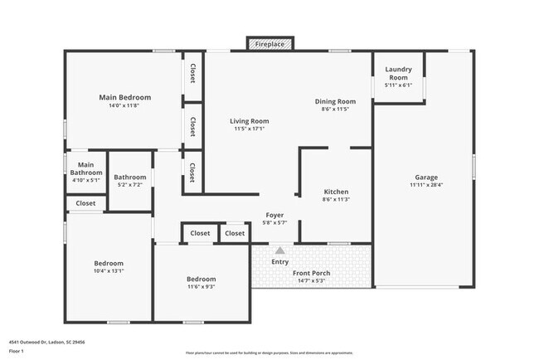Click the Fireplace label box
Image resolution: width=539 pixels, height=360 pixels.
[x=269, y=43]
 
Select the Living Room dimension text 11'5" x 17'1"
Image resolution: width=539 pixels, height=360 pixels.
[x=250, y=129]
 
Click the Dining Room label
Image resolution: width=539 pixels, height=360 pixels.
[x=335, y=101]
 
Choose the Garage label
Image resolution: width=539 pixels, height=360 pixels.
[x=427, y=177]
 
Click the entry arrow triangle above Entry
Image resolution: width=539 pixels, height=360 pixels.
[x=280, y=250]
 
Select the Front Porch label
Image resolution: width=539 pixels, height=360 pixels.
[x=312, y=273]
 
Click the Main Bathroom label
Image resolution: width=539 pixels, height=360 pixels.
[x=85, y=168]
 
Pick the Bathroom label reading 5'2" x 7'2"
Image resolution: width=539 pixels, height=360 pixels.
[x=130, y=177]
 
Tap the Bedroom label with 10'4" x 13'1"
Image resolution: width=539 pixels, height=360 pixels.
[x=109, y=263]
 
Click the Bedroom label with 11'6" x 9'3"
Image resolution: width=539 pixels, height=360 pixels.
[x=202, y=279]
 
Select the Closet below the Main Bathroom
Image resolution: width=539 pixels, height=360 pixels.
[x=85, y=203]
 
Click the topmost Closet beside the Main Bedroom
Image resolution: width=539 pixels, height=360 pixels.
[x=192, y=75]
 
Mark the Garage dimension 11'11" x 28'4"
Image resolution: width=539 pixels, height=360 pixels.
[x=427, y=185]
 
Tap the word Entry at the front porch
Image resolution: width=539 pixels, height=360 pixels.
[x=280, y=262]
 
